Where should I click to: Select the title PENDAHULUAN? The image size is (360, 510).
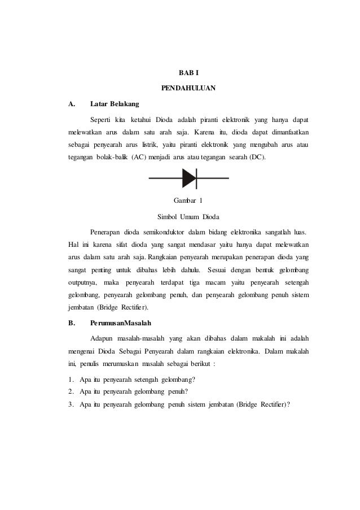(188, 89)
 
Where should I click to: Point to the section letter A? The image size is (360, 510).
(71, 104)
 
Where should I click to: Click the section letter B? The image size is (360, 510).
(71, 324)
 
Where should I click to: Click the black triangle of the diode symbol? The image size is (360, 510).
(188, 178)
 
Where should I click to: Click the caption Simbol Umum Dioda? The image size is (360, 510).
(188, 217)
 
